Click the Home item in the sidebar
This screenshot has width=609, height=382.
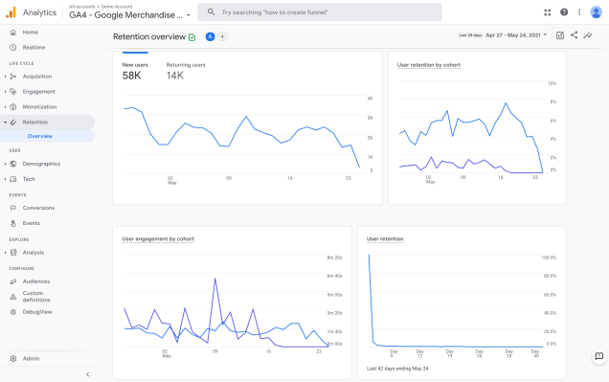30,32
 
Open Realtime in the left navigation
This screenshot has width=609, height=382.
34,47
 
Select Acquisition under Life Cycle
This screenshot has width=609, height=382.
37,77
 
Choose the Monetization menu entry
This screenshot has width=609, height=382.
39,106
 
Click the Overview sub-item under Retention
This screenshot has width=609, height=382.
40,136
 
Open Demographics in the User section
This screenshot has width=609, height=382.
41,164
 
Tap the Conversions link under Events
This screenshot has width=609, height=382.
38,208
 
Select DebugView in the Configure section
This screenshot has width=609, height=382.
38,311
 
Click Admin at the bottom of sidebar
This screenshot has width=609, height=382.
32,358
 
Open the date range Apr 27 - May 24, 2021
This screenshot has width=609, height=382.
516,35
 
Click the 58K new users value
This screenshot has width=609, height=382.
132,76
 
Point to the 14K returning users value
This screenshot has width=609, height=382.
175,76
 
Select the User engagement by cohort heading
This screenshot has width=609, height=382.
159,238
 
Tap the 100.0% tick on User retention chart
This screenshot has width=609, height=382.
549,258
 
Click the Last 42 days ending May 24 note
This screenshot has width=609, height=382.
397,367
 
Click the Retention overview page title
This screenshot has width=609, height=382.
148,36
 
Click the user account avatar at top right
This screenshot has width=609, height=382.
596,12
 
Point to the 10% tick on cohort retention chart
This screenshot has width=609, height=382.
552,83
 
